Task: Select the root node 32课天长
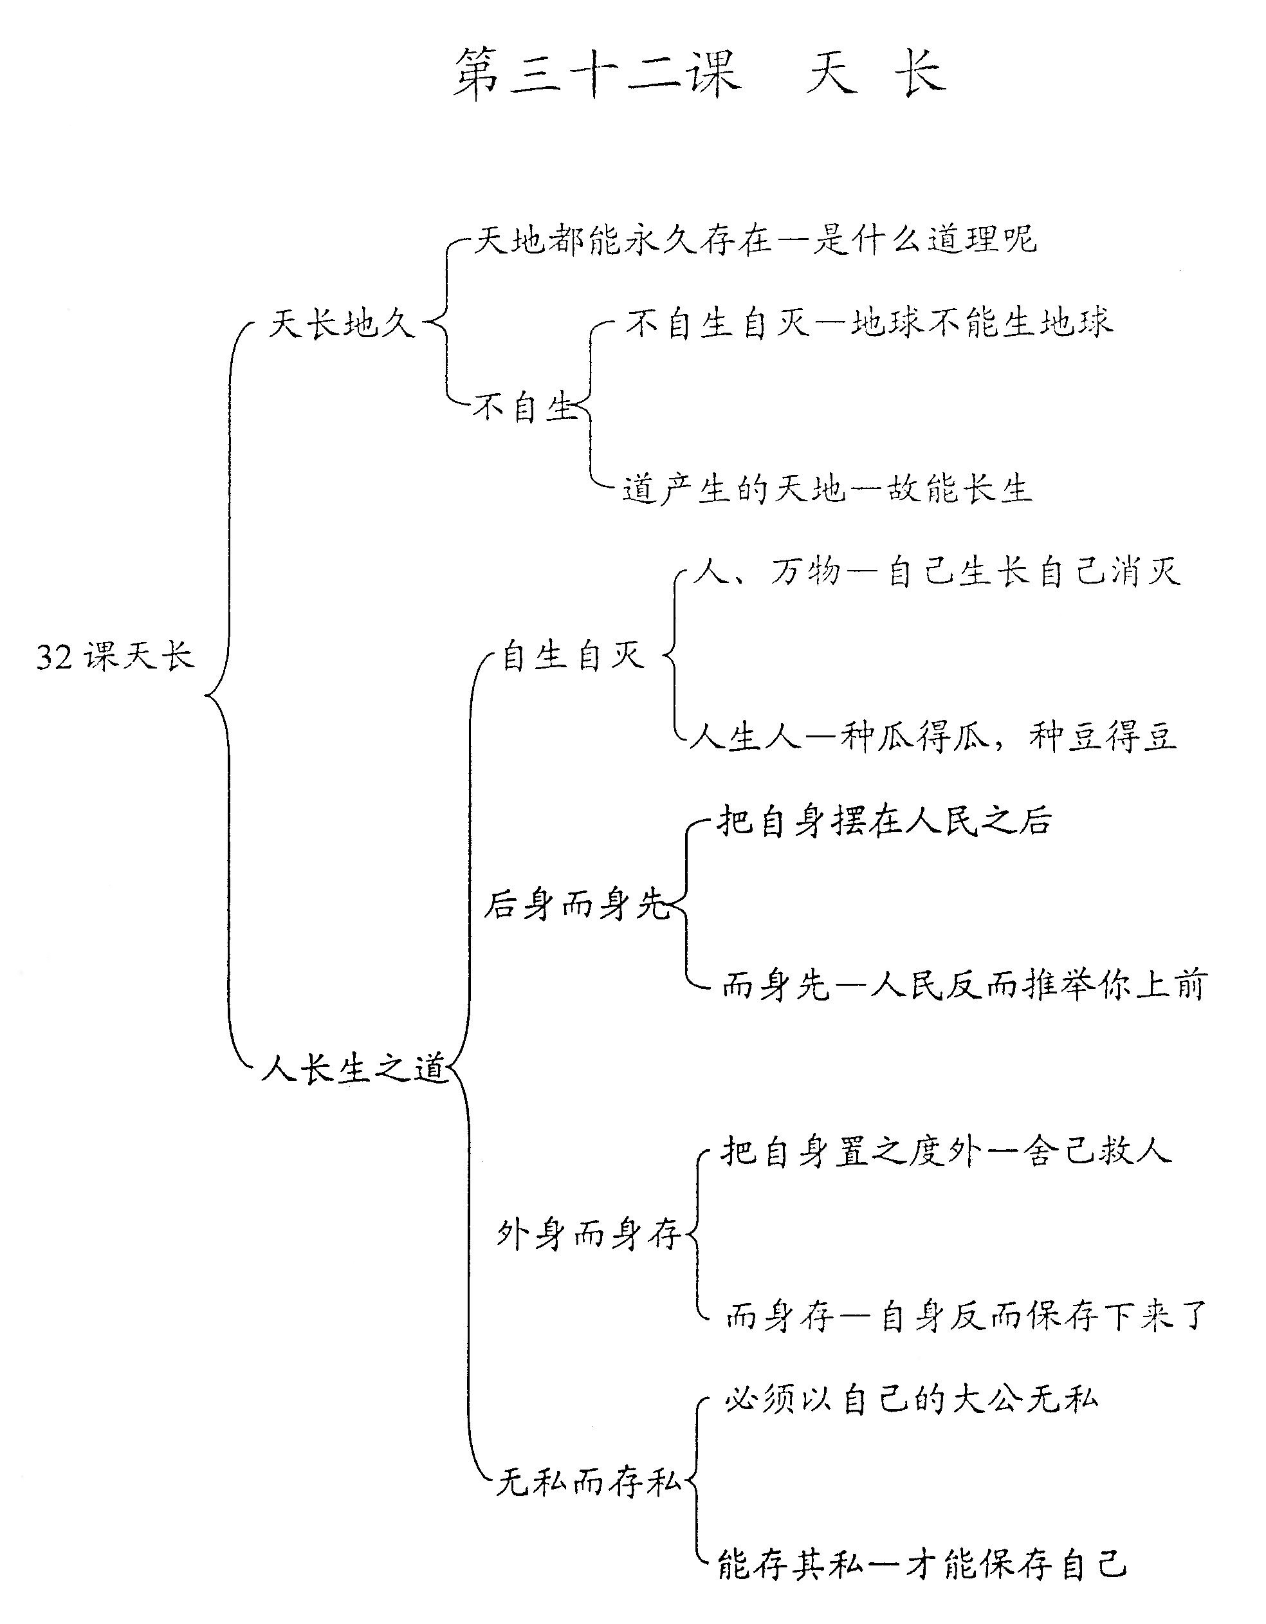click(115, 656)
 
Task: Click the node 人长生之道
click(354, 1069)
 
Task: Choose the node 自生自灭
click(573, 655)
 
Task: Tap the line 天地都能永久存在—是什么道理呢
click(755, 240)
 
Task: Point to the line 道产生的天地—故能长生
click(827, 488)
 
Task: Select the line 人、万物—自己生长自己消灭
click(936, 572)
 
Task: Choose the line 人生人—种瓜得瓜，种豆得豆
click(933, 736)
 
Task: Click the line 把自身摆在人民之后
click(885, 821)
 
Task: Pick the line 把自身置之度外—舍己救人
click(946, 1151)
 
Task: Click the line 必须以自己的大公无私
click(912, 1399)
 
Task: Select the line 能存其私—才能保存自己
click(922, 1565)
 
